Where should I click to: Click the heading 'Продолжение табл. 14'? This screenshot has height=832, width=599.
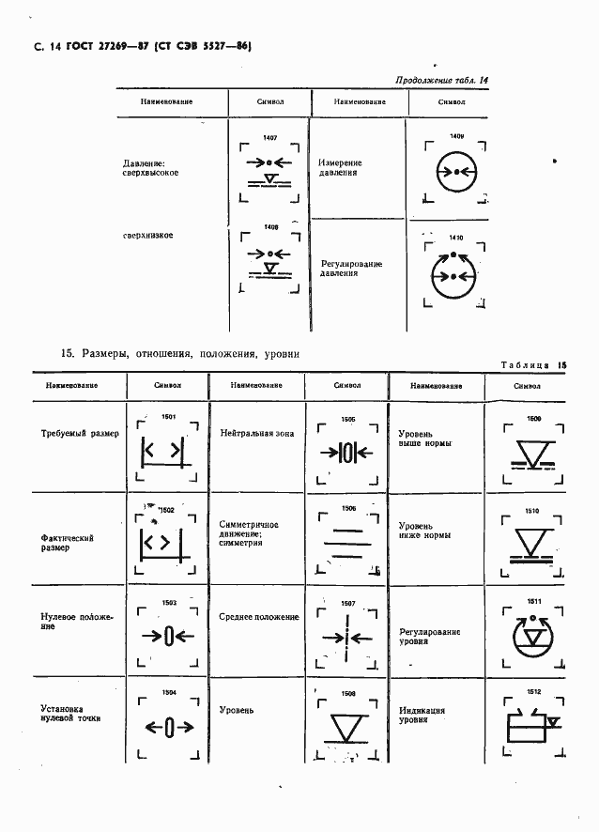442,81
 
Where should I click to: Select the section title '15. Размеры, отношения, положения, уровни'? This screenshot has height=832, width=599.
180,354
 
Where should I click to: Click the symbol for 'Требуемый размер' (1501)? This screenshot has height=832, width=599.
162,452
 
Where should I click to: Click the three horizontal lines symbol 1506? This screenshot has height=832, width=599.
347,543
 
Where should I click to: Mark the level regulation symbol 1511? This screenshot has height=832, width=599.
533,636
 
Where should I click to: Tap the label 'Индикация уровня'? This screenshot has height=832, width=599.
422,716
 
